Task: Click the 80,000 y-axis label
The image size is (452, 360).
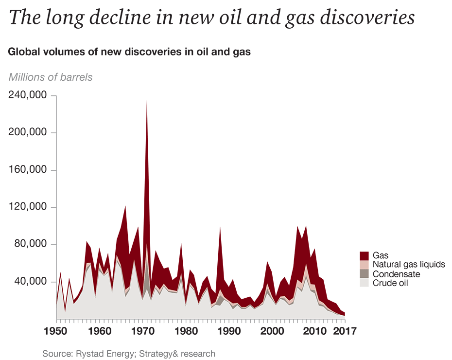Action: (30, 245)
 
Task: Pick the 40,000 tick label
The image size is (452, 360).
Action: (30, 282)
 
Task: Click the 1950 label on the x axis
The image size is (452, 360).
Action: (56, 332)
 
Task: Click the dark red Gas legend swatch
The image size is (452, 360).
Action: (364, 255)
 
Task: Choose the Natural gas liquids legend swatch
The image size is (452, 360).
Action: (364, 265)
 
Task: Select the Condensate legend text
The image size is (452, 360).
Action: (396, 274)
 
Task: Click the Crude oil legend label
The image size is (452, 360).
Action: (390, 283)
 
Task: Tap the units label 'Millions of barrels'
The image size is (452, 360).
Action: (50, 77)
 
